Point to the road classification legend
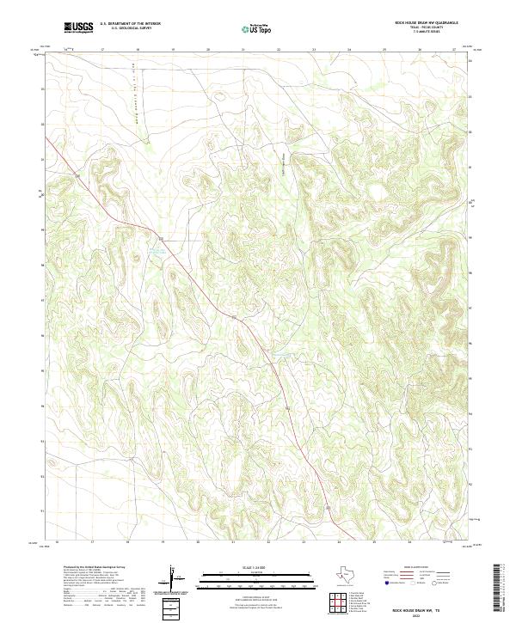(x=419, y=577)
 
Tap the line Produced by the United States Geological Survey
(x=86, y=568)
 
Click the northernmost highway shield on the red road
(x=77, y=176)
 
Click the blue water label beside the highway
(x=156, y=250)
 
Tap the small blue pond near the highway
(x=275, y=353)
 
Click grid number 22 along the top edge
(x=278, y=50)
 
